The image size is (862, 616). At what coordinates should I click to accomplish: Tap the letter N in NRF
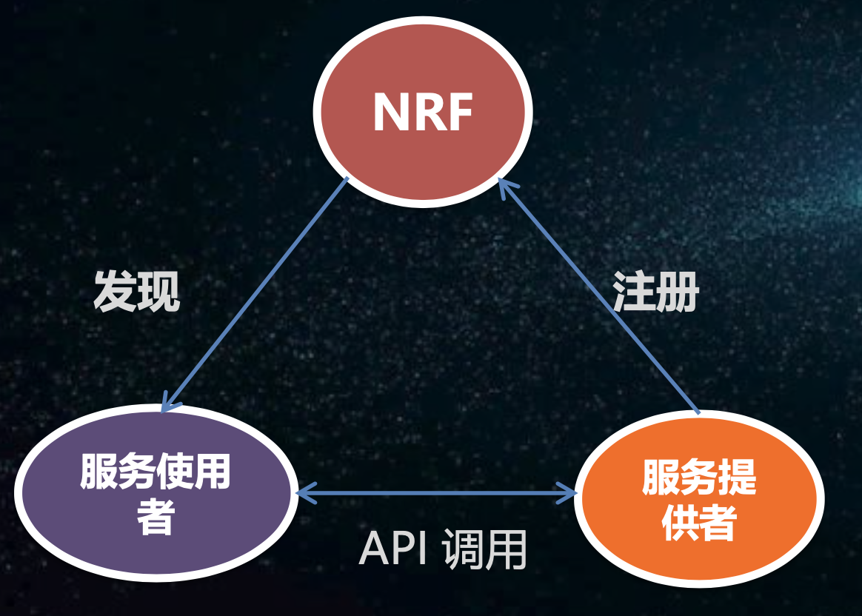390,113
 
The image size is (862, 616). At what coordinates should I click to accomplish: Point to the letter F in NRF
458,113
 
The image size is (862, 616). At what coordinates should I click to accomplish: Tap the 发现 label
137,291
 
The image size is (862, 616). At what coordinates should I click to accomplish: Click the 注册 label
656,291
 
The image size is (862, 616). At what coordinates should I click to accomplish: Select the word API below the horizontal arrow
394,549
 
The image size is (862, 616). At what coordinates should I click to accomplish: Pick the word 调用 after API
484,549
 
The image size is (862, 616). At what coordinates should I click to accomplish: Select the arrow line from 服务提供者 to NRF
600,296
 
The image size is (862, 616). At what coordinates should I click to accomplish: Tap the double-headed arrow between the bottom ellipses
435,492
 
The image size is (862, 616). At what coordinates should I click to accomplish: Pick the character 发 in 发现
115,291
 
